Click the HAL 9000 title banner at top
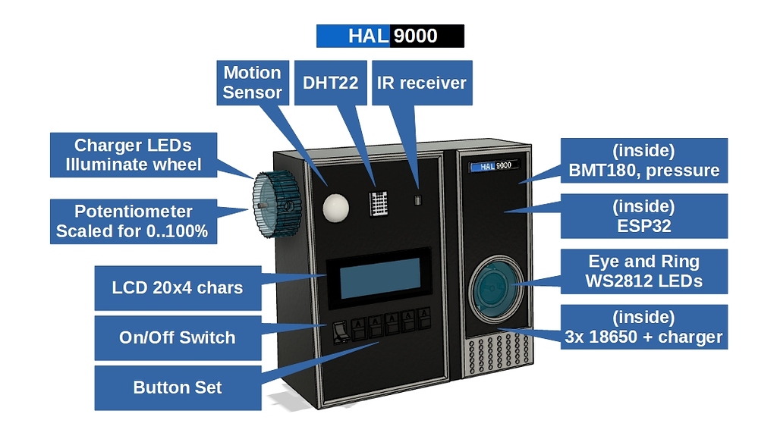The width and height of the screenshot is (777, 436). pyautogui.click(x=389, y=36)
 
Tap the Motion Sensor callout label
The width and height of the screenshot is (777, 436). pyautogui.click(x=253, y=83)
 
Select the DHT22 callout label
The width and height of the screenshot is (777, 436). pyautogui.click(x=330, y=83)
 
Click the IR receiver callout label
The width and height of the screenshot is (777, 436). pyautogui.click(x=422, y=83)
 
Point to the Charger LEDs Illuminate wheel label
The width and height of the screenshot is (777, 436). pyautogui.click(x=133, y=155)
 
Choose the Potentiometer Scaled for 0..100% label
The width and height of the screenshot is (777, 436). pyautogui.click(x=132, y=221)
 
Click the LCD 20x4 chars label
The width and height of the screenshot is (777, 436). pyautogui.click(x=177, y=287)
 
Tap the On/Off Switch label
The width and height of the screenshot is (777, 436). pyautogui.click(x=177, y=337)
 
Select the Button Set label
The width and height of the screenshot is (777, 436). pyautogui.click(x=177, y=387)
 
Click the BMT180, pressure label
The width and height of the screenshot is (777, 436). pyautogui.click(x=643, y=160)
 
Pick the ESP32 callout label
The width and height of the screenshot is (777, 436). pyautogui.click(x=643, y=216)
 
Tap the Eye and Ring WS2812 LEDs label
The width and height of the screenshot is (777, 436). pyautogui.click(x=643, y=271)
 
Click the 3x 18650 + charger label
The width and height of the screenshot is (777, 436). pyautogui.click(x=643, y=327)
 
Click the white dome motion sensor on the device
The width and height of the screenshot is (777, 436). pyautogui.click(x=334, y=205)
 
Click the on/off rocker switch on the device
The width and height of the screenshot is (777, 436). pyautogui.click(x=341, y=331)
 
